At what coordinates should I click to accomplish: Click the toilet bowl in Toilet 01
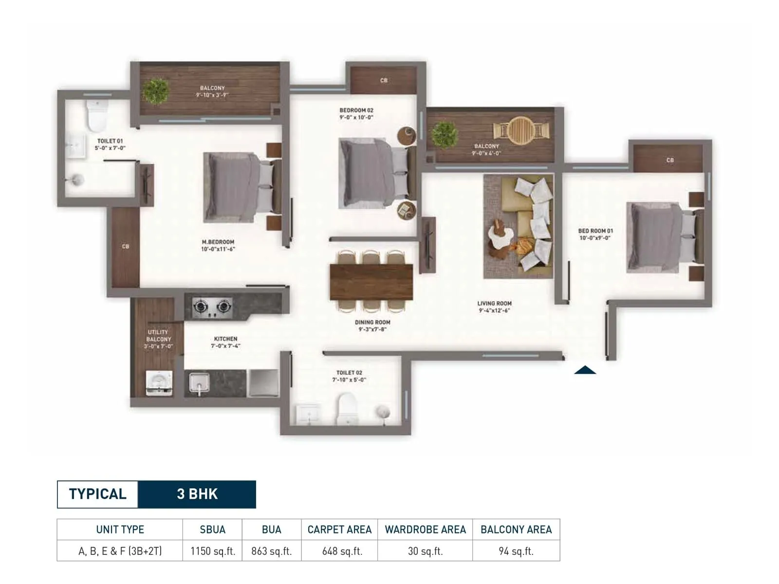96,117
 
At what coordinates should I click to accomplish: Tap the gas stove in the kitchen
212,307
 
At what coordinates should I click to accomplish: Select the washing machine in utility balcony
159,383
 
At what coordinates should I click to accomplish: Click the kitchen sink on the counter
199,382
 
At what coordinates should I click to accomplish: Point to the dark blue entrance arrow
585,370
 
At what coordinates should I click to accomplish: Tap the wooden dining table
371,282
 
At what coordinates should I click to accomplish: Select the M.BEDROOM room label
218,242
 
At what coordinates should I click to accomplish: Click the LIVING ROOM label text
494,303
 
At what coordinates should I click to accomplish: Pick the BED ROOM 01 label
595,231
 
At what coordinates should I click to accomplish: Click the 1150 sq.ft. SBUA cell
212,551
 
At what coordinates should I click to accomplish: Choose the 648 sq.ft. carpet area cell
342,551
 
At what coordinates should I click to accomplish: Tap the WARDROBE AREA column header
425,529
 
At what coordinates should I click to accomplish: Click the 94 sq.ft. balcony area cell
516,551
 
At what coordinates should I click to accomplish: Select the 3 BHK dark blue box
197,494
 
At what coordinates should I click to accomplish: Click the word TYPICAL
97,494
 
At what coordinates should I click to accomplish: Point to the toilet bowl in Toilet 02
347,408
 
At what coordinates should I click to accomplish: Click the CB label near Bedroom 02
384,80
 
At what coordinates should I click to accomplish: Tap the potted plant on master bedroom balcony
156,91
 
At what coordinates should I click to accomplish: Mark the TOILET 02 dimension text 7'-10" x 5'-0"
349,380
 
